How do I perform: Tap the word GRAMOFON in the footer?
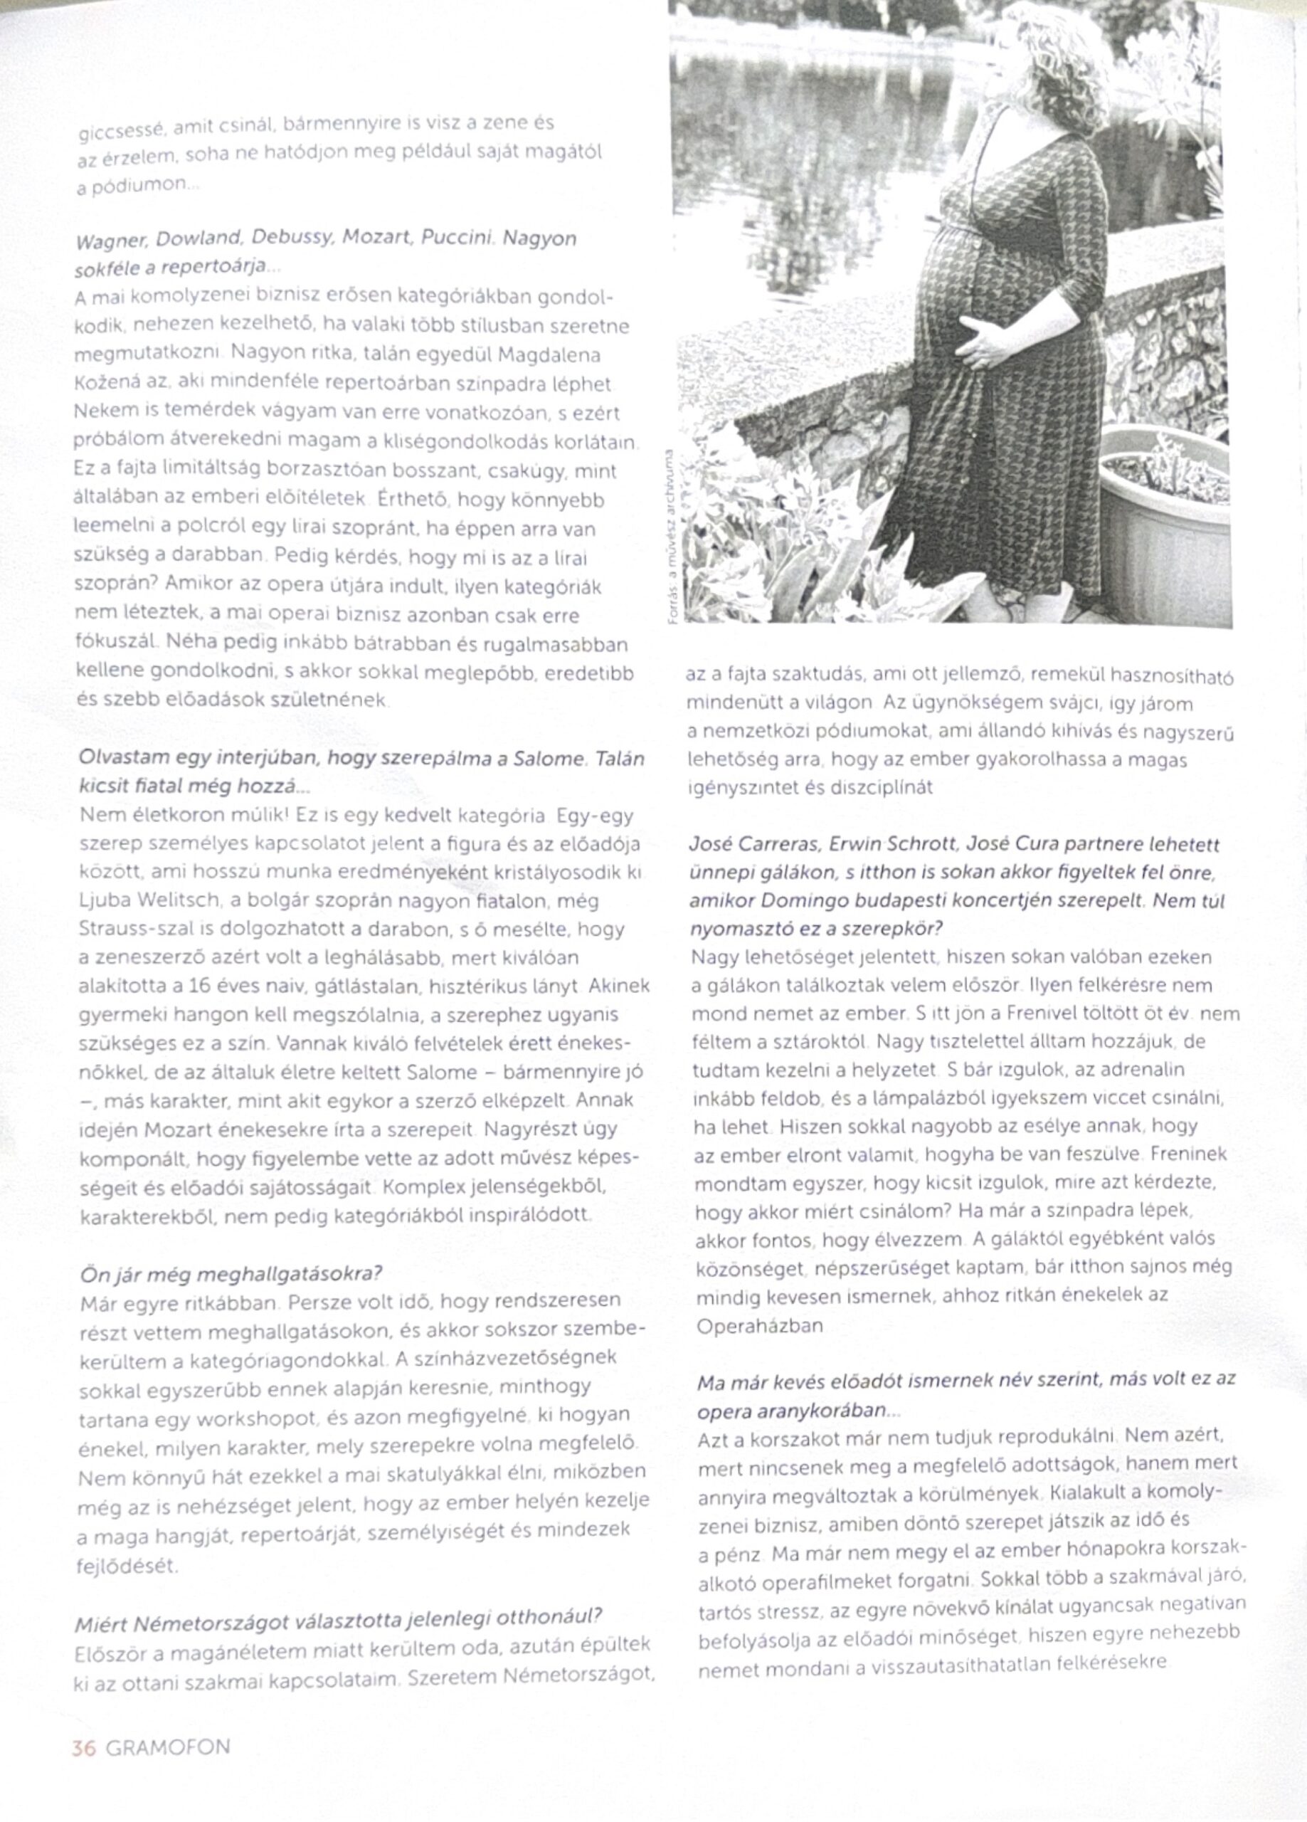click(x=168, y=1749)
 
